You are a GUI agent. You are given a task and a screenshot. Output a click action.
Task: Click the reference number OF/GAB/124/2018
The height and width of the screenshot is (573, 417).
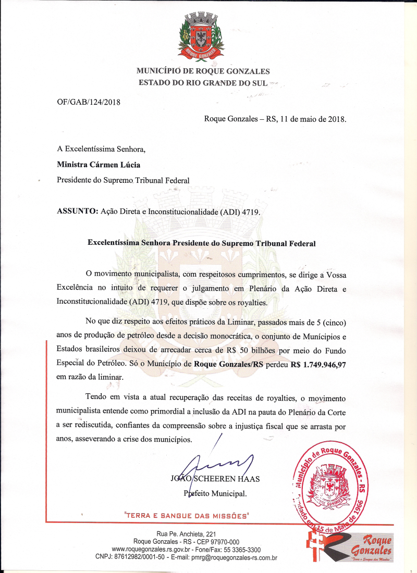coord(89,102)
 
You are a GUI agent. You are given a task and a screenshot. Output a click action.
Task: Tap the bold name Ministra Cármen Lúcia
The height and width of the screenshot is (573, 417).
coord(98,165)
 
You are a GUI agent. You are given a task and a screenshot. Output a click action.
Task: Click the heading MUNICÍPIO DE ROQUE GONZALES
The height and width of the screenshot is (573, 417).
coord(203,71)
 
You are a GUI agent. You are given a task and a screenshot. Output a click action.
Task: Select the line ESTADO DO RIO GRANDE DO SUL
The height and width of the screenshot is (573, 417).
coord(203,82)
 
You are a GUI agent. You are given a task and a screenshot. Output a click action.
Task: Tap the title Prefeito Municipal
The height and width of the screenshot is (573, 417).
coord(215,493)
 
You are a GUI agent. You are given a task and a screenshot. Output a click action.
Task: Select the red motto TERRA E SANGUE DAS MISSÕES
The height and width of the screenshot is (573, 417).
coord(187,516)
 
